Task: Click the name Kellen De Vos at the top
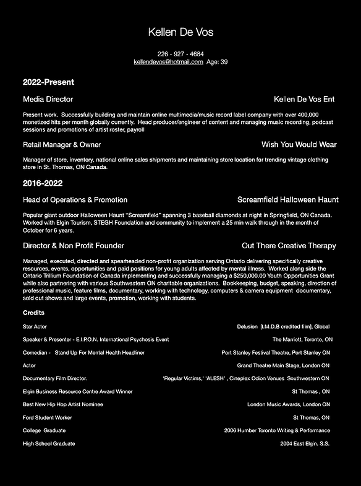(180, 32)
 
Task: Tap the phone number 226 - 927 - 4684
(180, 54)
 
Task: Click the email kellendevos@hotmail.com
(169, 62)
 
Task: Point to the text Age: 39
(217, 62)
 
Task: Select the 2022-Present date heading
(48, 82)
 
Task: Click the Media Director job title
(48, 99)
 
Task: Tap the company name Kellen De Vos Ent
(304, 99)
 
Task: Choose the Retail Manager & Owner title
(62, 144)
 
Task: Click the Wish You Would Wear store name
(299, 144)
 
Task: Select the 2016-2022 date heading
(43, 183)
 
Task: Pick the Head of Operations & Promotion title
(75, 200)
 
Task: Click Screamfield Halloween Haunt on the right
(287, 200)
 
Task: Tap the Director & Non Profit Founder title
(73, 246)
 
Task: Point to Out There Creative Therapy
(289, 246)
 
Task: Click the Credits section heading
(33, 313)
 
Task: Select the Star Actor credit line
(35, 326)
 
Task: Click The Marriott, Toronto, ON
(302, 339)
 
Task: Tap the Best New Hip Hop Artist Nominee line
(63, 404)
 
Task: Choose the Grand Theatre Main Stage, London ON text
(283, 366)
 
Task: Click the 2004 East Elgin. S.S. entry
(305, 444)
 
